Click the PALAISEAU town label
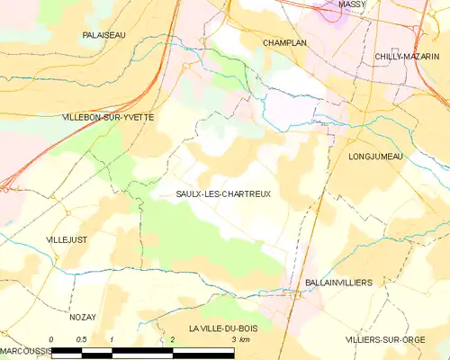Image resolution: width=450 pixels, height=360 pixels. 103,34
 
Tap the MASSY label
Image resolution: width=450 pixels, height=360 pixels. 352,4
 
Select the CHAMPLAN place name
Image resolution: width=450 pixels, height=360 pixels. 286,42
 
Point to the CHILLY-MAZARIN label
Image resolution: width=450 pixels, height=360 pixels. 406,56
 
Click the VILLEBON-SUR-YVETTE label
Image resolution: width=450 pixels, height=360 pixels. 107,118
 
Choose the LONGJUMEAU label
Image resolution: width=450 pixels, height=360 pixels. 375,157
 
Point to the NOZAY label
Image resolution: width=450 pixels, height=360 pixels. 82,317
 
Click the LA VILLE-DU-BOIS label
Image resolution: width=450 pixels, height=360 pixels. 222,328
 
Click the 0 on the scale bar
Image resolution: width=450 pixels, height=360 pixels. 51,339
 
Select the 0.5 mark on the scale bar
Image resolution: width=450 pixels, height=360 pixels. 81,339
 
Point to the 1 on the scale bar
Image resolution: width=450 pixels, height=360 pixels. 112,339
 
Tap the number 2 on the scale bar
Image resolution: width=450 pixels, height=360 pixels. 172,339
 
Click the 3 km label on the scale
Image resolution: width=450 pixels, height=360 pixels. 239,339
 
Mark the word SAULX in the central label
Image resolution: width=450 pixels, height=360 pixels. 187,194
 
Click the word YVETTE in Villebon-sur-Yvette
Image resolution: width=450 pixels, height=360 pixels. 136,118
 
